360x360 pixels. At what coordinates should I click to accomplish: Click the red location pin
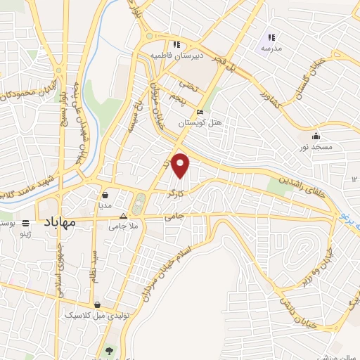coord(181,165)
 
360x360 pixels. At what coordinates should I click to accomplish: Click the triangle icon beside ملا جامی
coord(124,217)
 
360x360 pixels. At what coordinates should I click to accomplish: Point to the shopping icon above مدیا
coord(104,195)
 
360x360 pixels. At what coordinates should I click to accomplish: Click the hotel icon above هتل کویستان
coord(200,112)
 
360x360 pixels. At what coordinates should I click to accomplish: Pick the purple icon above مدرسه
coord(272,37)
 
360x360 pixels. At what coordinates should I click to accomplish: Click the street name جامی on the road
coord(173,218)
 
